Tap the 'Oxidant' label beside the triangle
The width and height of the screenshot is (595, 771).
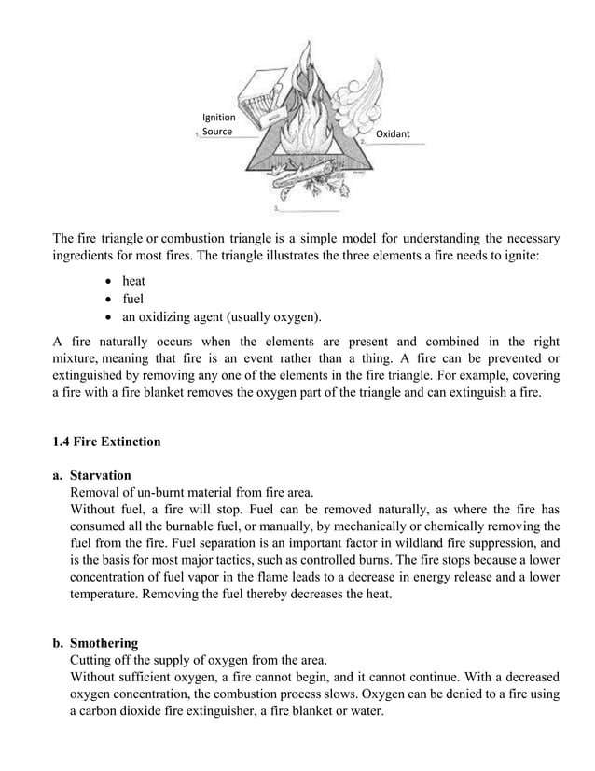pyautogui.click(x=393, y=135)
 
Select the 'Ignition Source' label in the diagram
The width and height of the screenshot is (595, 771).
pyautogui.click(x=218, y=124)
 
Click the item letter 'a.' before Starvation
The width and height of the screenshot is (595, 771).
pyautogui.click(x=58, y=475)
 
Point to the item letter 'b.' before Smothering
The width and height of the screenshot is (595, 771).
pyautogui.click(x=58, y=643)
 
